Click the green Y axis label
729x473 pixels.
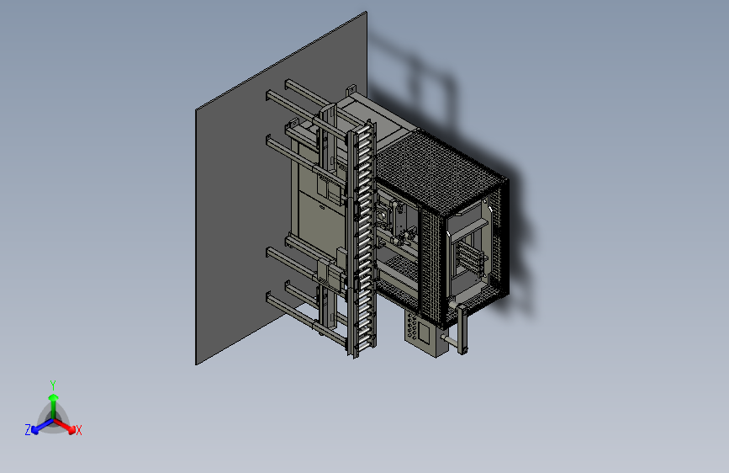pos(53,385)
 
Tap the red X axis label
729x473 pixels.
pos(78,431)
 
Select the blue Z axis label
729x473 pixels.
pos(28,430)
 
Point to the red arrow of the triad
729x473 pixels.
pos(65,426)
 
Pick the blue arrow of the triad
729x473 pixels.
pos(43,426)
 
